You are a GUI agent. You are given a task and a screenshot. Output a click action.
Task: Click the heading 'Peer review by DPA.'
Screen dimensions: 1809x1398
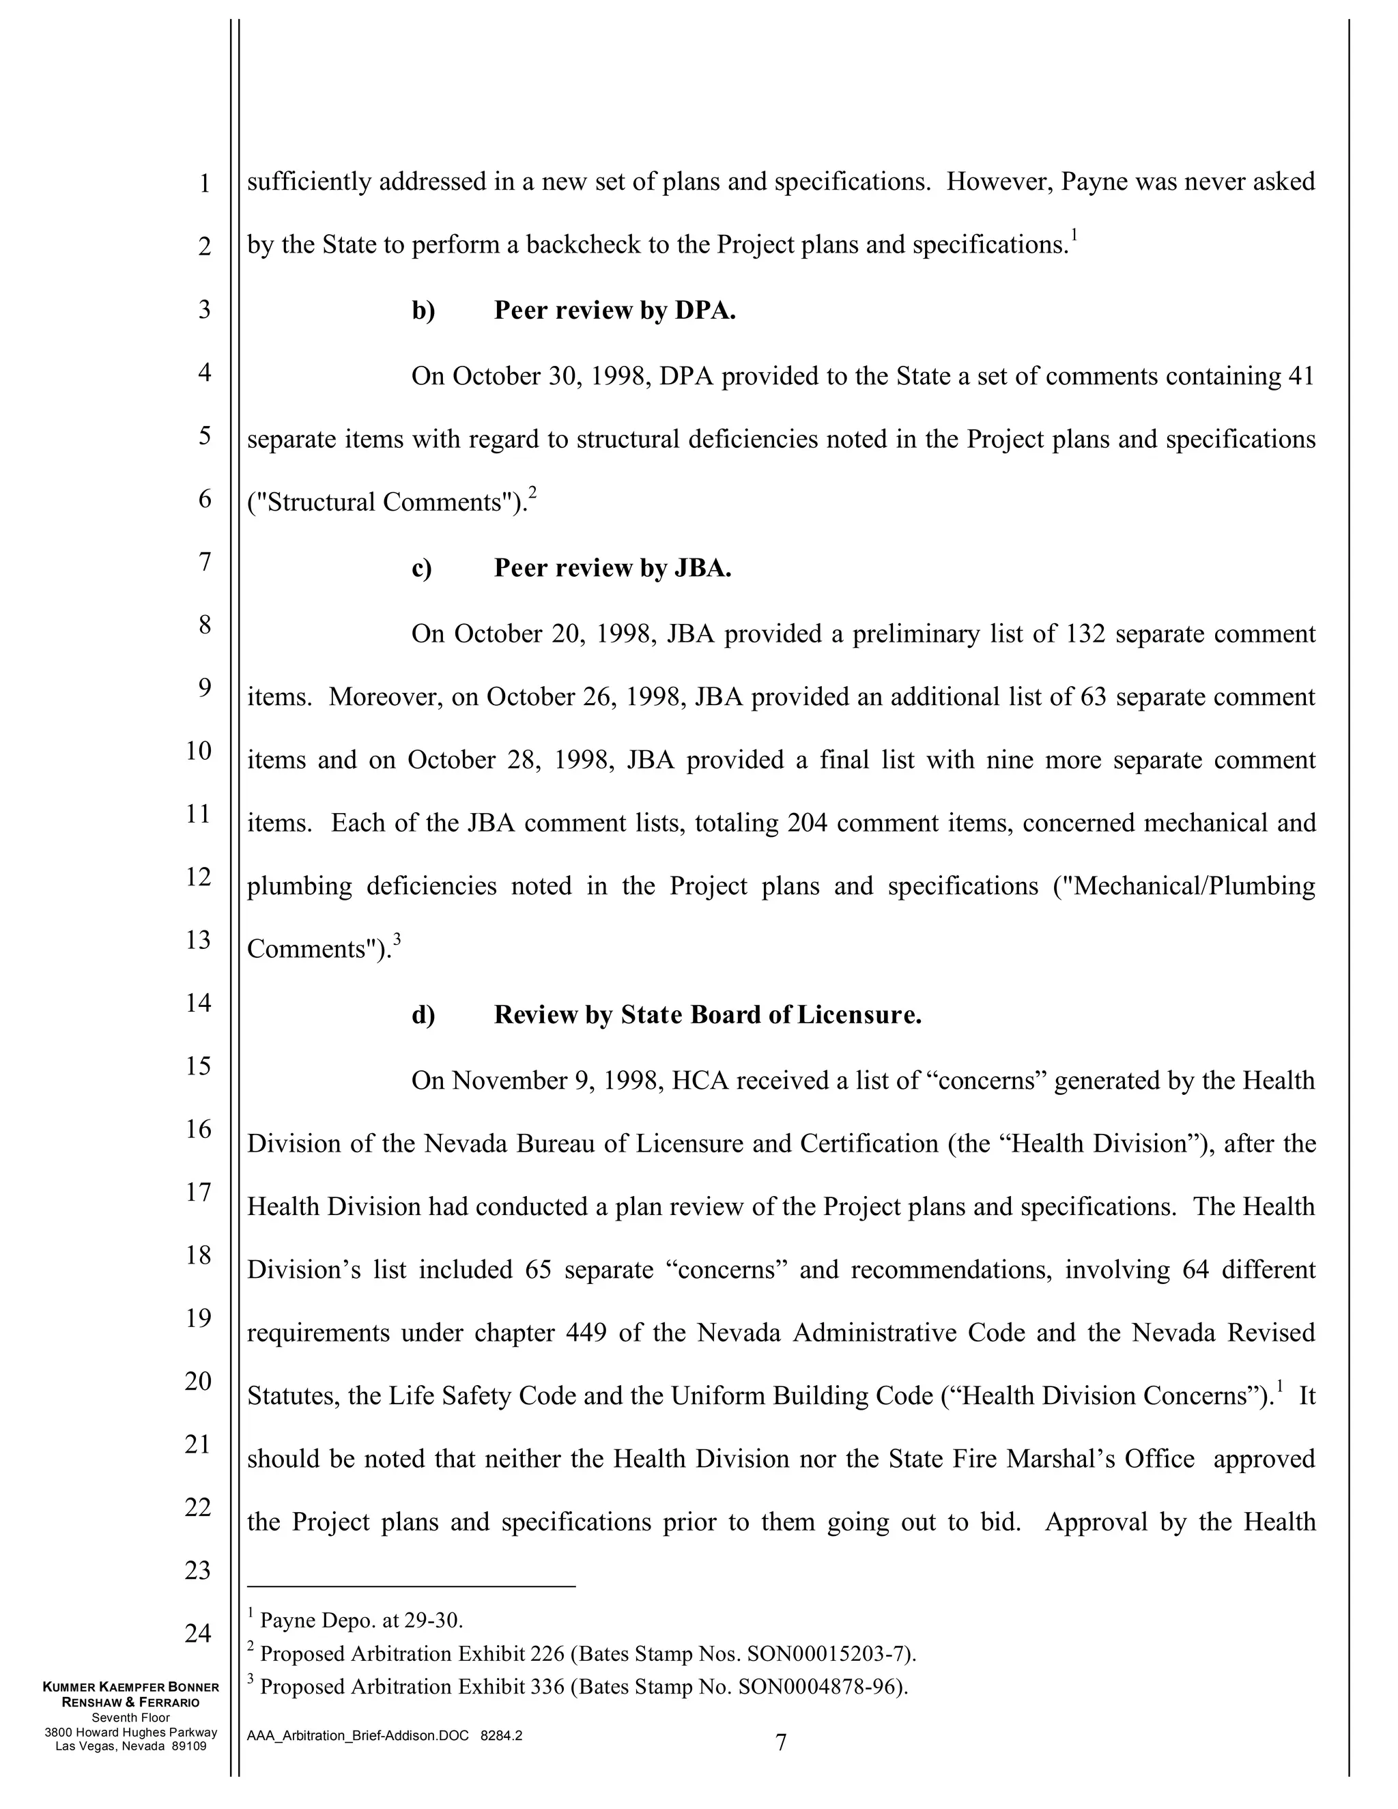click(614, 311)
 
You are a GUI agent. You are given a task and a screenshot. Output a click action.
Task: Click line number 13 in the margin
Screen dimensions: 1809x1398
click(198, 940)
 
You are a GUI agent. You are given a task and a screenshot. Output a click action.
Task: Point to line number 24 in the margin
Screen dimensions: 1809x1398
click(198, 1634)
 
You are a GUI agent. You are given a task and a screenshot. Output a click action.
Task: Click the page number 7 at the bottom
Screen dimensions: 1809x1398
click(780, 1743)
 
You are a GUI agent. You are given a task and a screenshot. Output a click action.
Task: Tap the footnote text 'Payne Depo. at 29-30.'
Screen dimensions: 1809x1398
click(361, 1620)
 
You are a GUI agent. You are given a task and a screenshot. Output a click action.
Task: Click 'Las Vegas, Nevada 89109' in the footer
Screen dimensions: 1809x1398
click(131, 1746)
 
